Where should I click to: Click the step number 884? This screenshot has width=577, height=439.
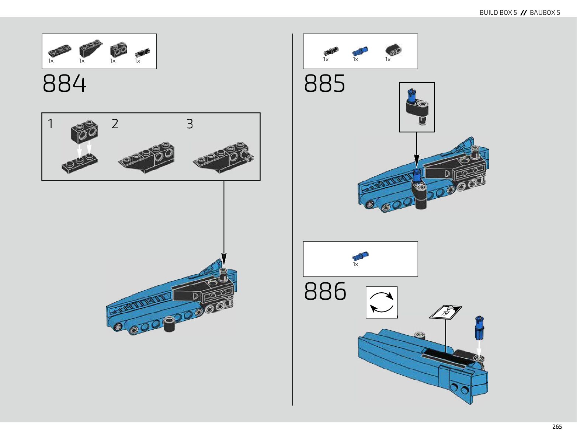(x=65, y=84)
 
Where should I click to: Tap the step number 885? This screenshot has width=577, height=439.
(x=325, y=84)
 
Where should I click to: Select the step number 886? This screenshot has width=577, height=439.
(x=325, y=291)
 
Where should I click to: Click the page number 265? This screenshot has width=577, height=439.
(x=557, y=426)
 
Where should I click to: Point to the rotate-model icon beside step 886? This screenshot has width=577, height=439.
(x=382, y=302)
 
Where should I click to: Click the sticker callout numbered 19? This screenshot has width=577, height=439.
(x=445, y=313)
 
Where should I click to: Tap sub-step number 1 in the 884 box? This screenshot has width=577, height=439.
(x=51, y=124)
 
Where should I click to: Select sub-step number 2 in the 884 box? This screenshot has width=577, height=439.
(x=115, y=124)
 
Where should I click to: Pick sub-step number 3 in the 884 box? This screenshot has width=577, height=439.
(x=190, y=124)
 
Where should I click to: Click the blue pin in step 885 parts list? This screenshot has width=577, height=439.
(x=360, y=51)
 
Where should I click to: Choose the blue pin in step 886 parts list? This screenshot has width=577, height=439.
(x=360, y=256)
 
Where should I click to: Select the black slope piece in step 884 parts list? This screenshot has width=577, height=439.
(x=90, y=48)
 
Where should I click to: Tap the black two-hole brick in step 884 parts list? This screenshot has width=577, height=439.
(x=118, y=49)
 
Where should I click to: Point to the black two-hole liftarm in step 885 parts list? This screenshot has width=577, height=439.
(x=393, y=50)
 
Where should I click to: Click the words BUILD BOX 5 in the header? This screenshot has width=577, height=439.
(x=498, y=13)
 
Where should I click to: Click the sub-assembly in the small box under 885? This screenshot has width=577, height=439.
(x=417, y=107)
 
